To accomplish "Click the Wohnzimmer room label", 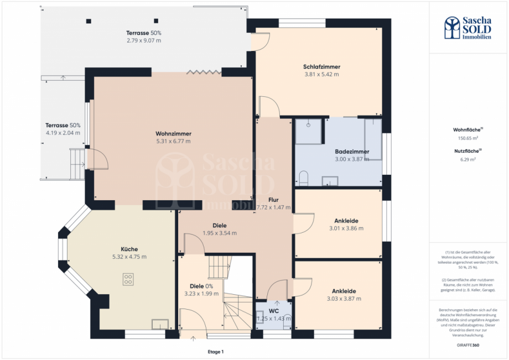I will pyautogui.click(x=173, y=134).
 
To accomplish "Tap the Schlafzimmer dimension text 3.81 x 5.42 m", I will pyautogui.click(x=321, y=74).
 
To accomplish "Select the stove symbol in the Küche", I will pyautogui.click(x=128, y=279).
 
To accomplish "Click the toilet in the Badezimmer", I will pyautogui.click(x=303, y=178).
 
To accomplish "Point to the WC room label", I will pyautogui.click(x=273, y=311).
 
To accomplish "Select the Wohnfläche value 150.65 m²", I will pyautogui.click(x=468, y=138).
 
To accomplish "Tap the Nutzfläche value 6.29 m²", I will pyautogui.click(x=468, y=159).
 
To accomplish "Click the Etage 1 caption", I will pyautogui.click(x=215, y=352).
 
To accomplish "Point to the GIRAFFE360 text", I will pyautogui.click(x=468, y=344).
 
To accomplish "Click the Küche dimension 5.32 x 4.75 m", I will pyautogui.click(x=129, y=257).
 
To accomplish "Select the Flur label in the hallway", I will pyautogui.click(x=273, y=200).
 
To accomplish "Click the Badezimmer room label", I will pyautogui.click(x=352, y=152).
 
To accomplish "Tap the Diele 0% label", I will pyautogui.click(x=201, y=286).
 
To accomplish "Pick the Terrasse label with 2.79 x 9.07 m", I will pyautogui.click(x=143, y=33).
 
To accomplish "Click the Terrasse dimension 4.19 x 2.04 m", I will pyautogui.click(x=63, y=133).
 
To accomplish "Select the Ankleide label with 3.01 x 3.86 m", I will pyautogui.click(x=343, y=221).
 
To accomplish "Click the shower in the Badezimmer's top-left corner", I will pyautogui.click(x=308, y=131).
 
